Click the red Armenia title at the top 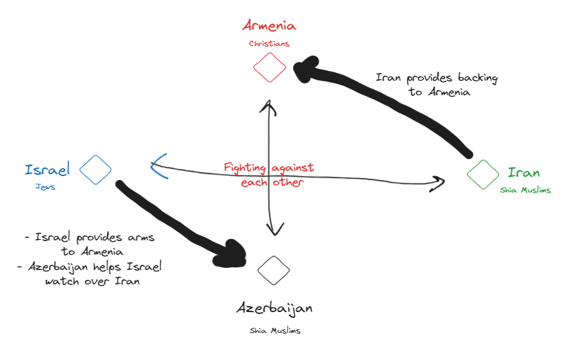click(269, 26)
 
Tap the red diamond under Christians click(269, 67)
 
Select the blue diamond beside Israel click(96, 170)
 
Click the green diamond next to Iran click(483, 174)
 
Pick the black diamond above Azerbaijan click(273, 269)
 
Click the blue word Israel click(47, 170)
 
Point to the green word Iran click(524, 173)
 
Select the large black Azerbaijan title click(274, 308)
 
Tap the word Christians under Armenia click(269, 44)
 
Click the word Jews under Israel click(45, 187)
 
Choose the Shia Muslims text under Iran click(525, 190)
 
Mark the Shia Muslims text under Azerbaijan click(274, 330)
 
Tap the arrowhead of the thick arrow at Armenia click(304, 68)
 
